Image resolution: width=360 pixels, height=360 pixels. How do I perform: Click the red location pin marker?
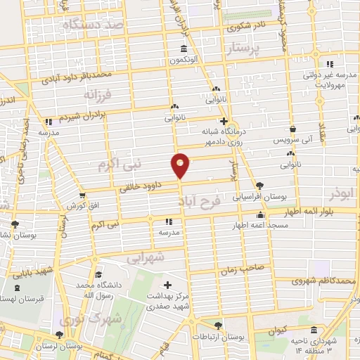(x=181, y=165)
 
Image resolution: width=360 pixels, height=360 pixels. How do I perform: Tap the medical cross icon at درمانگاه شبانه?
(x=223, y=121)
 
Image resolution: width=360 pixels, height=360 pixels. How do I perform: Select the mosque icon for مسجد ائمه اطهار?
(x=260, y=215)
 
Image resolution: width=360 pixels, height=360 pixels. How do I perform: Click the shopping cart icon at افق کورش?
(x=82, y=195)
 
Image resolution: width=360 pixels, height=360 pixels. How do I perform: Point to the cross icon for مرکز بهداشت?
(x=167, y=285)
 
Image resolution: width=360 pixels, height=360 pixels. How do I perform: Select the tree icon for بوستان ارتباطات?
(x=218, y=325)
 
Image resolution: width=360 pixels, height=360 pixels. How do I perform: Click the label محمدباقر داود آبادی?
(x=85, y=75)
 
